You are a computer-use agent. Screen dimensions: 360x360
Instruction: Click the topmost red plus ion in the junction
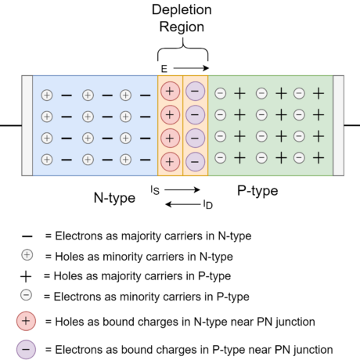click(x=170, y=92)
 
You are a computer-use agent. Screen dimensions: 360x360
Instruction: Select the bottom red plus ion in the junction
click(x=170, y=162)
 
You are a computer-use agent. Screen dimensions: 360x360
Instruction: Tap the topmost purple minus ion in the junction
click(x=195, y=92)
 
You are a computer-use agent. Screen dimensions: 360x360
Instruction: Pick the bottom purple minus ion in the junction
click(x=195, y=162)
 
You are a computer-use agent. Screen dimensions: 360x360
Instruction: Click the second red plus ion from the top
click(x=170, y=115)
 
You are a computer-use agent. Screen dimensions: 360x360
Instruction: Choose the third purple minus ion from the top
click(x=195, y=139)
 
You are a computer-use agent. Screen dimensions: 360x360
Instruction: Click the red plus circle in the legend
click(x=26, y=321)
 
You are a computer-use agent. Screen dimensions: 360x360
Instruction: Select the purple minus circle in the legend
click(x=26, y=349)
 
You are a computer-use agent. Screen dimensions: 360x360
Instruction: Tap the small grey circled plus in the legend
click(x=27, y=255)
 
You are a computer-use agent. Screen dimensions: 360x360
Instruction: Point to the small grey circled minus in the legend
click(x=27, y=295)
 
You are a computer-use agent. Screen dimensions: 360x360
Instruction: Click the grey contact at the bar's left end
click(x=27, y=125)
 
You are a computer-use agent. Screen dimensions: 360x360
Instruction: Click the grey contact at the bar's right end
click(x=338, y=125)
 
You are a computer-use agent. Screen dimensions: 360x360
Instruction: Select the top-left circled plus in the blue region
click(x=47, y=95)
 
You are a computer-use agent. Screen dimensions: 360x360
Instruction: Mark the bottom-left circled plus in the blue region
click(x=47, y=160)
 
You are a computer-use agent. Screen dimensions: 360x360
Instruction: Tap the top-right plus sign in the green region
click(x=319, y=93)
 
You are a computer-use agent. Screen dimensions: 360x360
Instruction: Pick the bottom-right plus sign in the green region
click(x=319, y=157)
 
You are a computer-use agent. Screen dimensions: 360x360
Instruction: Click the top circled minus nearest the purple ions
click(x=221, y=93)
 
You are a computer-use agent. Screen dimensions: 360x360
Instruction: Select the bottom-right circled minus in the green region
click(x=299, y=157)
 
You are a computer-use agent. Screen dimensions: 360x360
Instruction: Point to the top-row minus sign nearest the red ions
click(x=145, y=95)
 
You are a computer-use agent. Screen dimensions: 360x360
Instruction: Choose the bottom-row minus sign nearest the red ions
click(x=145, y=160)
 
